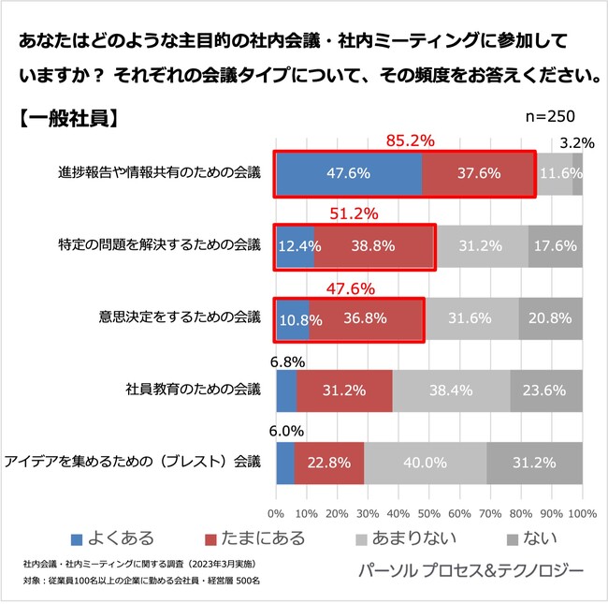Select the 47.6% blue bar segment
click(x=348, y=173)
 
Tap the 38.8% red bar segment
click(x=374, y=246)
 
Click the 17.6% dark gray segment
click(x=556, y=246)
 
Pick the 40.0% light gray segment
click(x=425, y=463)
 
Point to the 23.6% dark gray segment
click(x=546, y=390)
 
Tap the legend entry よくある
click(x=113, y=538)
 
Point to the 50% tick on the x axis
click(x=429, y=513)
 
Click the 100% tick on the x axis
click(x=582, y=513)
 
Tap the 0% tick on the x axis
click(x=276, y=513)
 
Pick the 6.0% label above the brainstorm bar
click(x=286, y=432)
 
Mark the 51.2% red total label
click(x=355, y=214)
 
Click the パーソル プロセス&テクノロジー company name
click(x=470, y=570)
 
